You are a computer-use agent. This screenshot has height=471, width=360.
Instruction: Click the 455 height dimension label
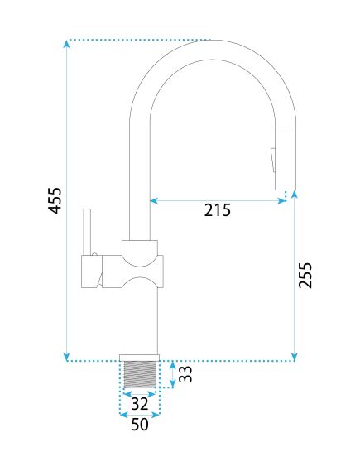point(55,200)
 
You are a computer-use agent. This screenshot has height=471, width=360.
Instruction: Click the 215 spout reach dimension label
point(218,210)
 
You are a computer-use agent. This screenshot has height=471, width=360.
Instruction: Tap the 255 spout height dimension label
point(305,276)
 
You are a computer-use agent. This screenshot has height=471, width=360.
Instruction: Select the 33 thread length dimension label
point(185,374)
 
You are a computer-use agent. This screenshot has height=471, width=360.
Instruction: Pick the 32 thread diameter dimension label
point(140,404)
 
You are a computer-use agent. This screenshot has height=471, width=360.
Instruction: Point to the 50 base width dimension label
point(140,425)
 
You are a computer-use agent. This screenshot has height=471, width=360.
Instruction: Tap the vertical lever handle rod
point(87,232)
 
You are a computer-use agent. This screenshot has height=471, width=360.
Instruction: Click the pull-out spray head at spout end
point(286,158)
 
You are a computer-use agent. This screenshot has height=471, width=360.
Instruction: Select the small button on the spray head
point(273,160)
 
